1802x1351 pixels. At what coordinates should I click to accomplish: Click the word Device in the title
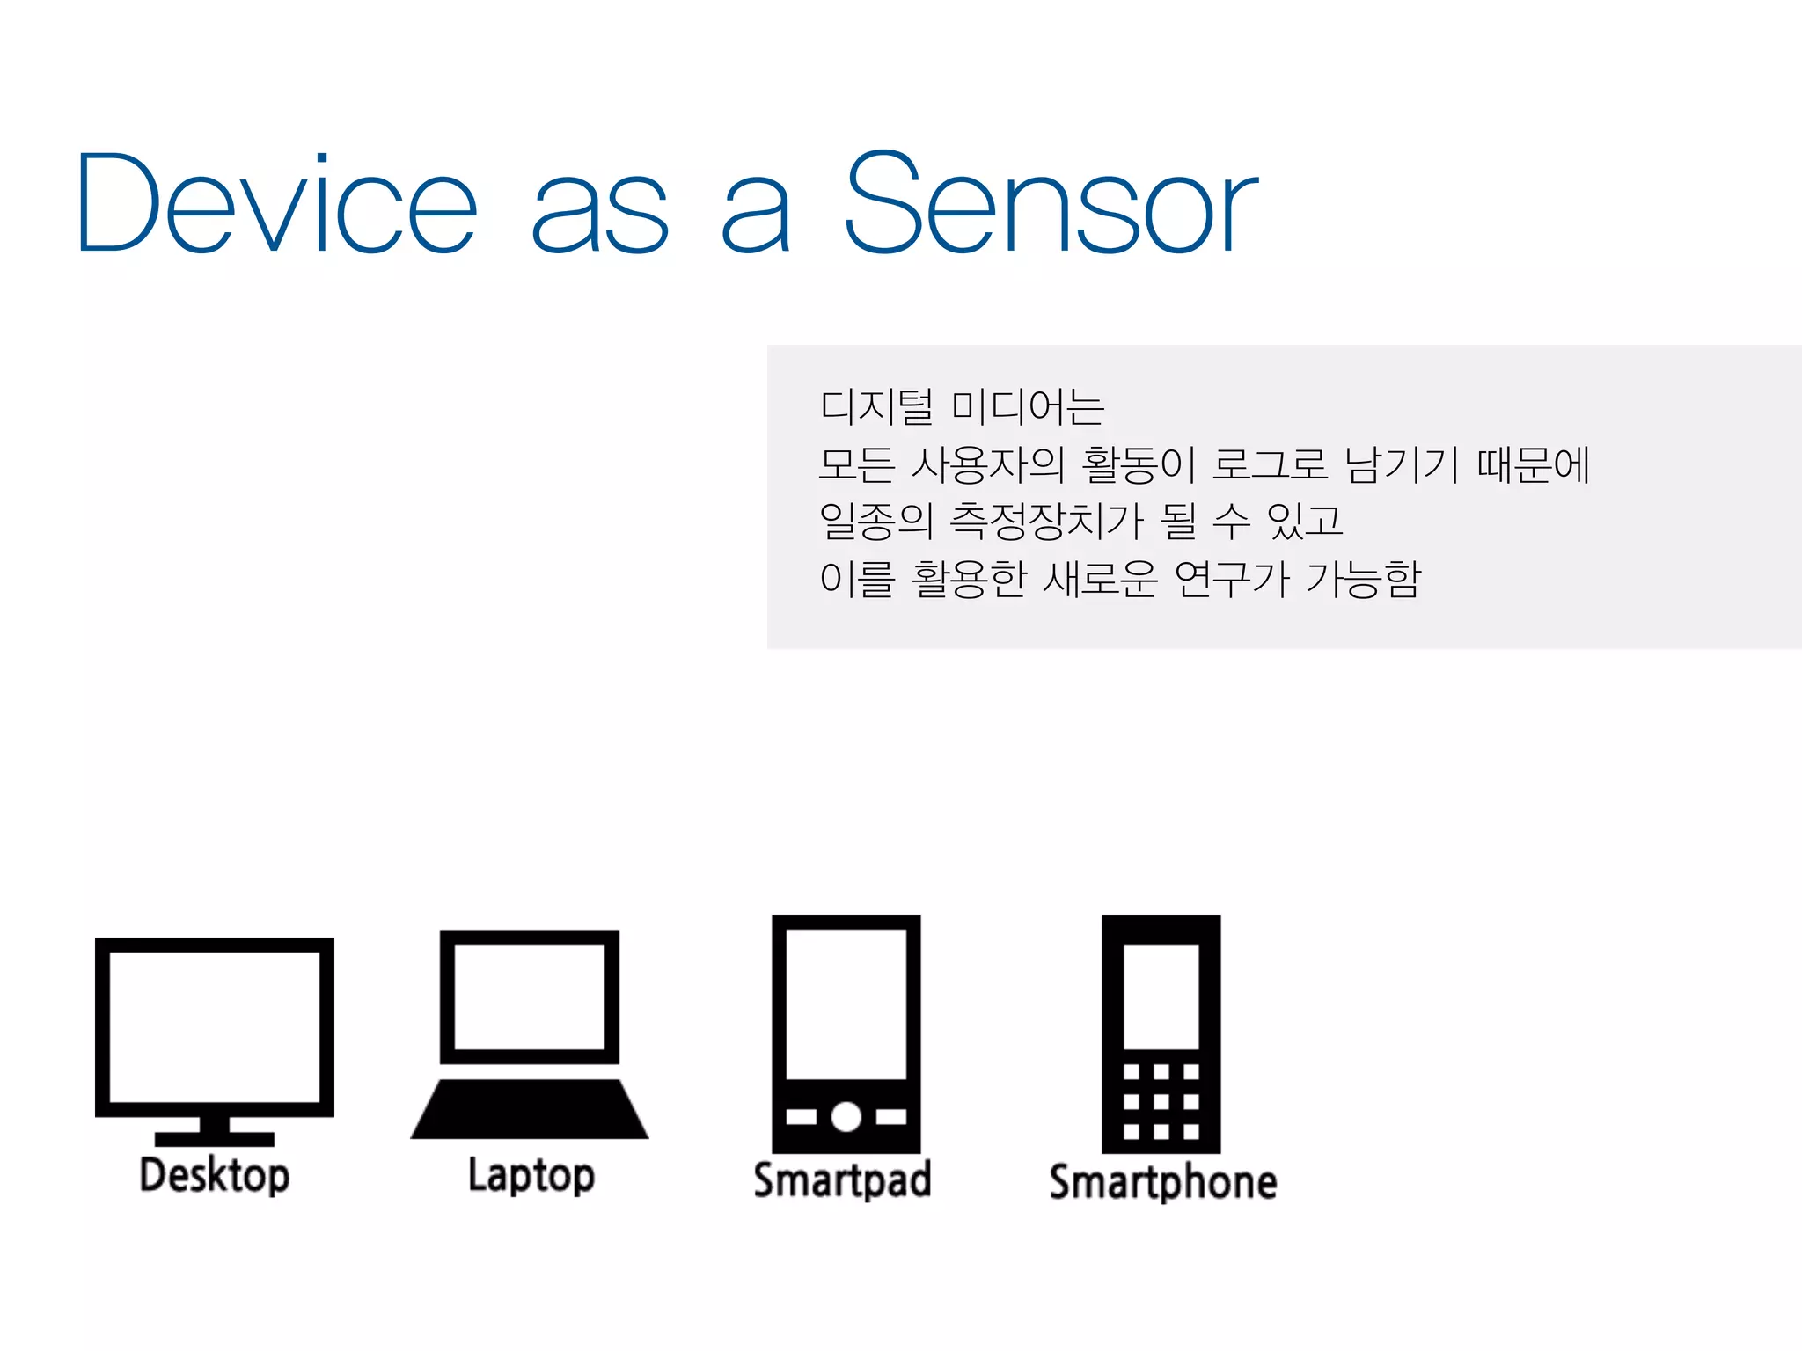tap(277, 204)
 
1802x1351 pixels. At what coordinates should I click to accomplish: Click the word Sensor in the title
tap(1051, 204)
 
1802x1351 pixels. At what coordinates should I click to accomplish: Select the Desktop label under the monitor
tap(215, 1176)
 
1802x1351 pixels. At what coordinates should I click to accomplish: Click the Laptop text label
tap(531, 1176)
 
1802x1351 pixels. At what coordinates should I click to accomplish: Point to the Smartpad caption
tap(842, 1180)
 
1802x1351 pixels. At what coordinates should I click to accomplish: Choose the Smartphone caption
tap(1162, 1182)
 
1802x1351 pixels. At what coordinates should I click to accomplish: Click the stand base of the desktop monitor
tap(215, 1138)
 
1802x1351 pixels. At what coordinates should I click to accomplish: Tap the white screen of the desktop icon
tap(215, 1026)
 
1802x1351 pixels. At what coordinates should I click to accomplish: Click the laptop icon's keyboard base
tap(530, 1110)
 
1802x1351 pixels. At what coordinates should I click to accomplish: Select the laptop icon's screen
tap(530, 997)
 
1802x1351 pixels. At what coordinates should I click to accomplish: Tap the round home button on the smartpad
tap(846, 1117)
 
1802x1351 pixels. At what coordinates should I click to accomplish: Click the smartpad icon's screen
tap(846, 1004)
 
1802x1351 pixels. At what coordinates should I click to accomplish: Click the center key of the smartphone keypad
tap(1161, 1101)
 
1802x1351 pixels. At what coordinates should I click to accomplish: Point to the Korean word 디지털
tap(875, 407)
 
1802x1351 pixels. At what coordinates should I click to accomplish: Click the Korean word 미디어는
tap(1028, 407)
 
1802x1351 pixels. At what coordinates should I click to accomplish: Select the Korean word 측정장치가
tap(1046, 522)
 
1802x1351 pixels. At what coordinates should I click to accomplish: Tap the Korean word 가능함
tap(1363, 579)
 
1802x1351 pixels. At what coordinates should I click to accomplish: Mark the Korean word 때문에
tap(1533, 464)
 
